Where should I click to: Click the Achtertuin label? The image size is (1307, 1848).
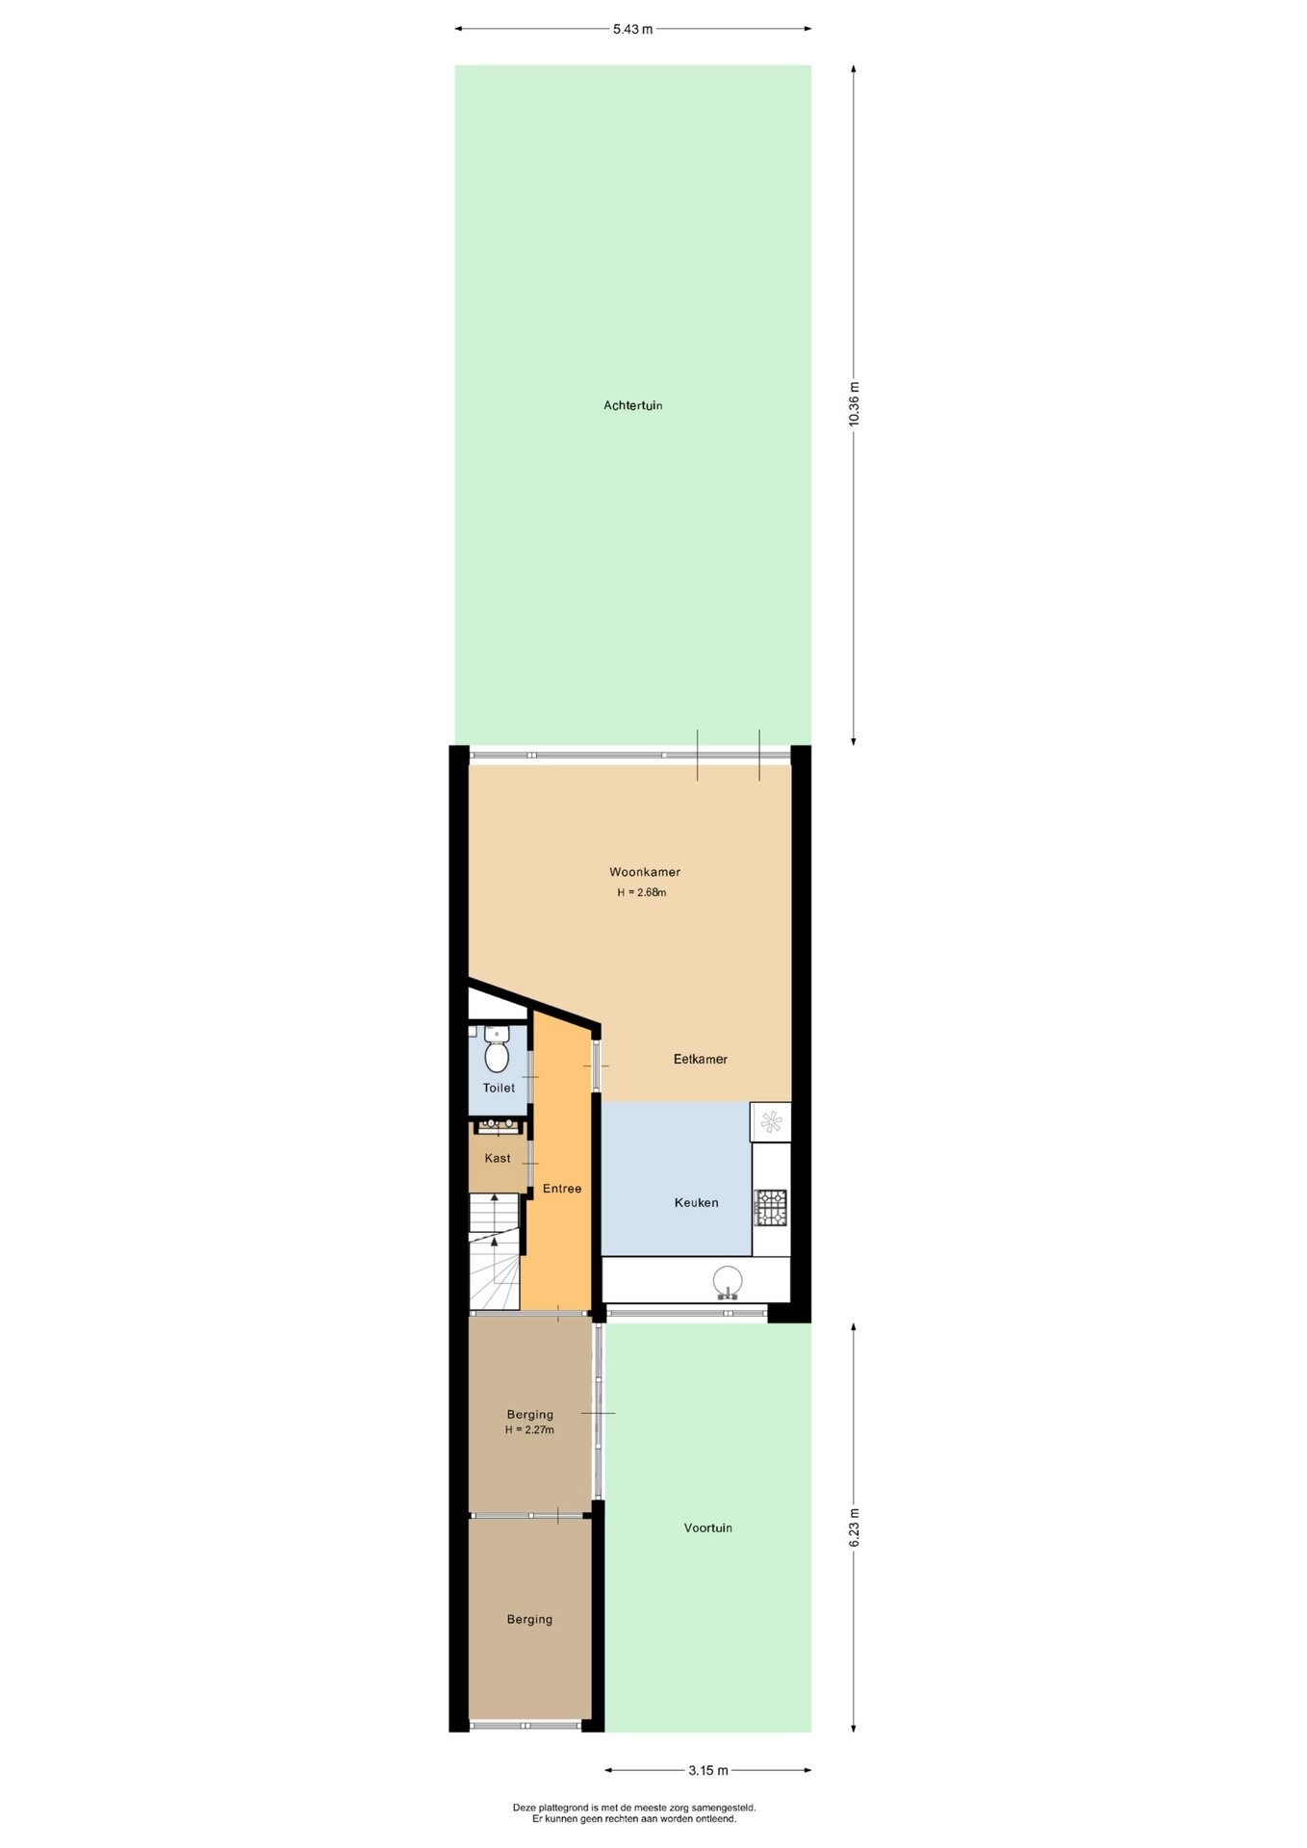pyautogui.click(x=632, y=406)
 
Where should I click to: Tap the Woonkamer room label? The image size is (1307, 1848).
pyautogui.click(x=645, y=872)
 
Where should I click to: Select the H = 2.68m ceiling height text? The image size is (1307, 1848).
pyautogui.click(x=642, y=892)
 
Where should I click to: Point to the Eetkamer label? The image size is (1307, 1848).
pyautogui.click(x=701, y=1059)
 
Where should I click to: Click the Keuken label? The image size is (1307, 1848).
pyautogui.click(x=697, y=1202)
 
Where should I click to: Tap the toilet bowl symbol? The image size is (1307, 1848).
pyautogui.click(x=497, y=1051)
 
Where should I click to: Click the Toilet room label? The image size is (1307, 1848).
pyautogui.click(x=499, y=1088)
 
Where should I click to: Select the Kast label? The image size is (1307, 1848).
pyautogui.click(x=498, y=1158)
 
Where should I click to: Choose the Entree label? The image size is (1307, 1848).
pyautogui.click(x=562, y=1189)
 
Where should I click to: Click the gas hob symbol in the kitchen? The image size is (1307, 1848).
pyautogui.click(x=770, y=1208)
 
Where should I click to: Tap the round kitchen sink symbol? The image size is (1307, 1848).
pyautogui.click(x=728, y=1282)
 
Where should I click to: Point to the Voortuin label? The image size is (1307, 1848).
pyautogui.click(x=708, y=1527)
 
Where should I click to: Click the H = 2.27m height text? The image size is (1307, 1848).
pyautogui.click(x=529, y=1430)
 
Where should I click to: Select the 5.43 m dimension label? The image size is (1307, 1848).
pyautogui.click(x=633, y=29)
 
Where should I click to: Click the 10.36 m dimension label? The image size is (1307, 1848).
pyautogui.click(x=855, y=405)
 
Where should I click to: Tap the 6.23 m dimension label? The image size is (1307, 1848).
pyautogui.click(x=855, y=1527)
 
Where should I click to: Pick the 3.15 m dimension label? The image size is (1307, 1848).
pyautogui.click(x=708, y=1770)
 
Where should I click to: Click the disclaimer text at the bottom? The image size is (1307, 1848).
pyautogui.click(x=634, y=1813)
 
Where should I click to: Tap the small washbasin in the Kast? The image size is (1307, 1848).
pyautogui.click(x=499, y=1124)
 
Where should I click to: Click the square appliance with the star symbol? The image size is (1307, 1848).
pyautogui.click(x=770, y=1121)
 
